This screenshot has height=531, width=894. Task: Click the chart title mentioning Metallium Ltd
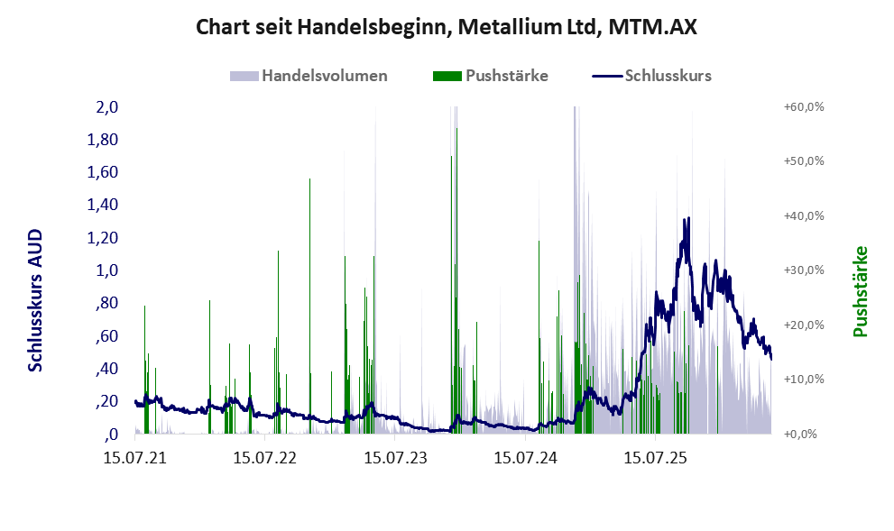coord(447,27)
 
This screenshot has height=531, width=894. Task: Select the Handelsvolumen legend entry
coord(309,76)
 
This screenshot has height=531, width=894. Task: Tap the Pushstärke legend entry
coord(491,76)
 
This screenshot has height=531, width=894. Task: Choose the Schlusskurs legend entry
coord(651,76)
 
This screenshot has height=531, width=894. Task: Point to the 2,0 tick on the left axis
coord(106,106)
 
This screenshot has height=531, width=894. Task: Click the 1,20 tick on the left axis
coord(102,238)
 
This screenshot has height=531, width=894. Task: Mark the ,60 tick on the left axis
coord(106,335)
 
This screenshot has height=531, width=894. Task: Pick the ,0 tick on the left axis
coord(111,435)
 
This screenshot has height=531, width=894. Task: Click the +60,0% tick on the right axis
coord(804,106)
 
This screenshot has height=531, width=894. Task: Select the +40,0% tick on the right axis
coord(804,216)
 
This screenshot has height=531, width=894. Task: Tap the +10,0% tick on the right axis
coord(804,380)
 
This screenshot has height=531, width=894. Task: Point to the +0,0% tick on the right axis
coord(800,435)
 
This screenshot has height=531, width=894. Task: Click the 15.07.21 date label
coord(134,457)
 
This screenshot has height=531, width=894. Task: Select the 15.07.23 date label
coord(395,457)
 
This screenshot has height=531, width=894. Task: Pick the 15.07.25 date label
coord(655,457)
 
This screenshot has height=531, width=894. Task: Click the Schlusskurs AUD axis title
coord(35,300)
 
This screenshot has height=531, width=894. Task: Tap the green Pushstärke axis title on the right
coord(861,291)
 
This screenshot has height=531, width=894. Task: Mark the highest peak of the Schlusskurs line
coord(688,217)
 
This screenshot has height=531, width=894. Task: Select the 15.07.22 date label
coord(264,457)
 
